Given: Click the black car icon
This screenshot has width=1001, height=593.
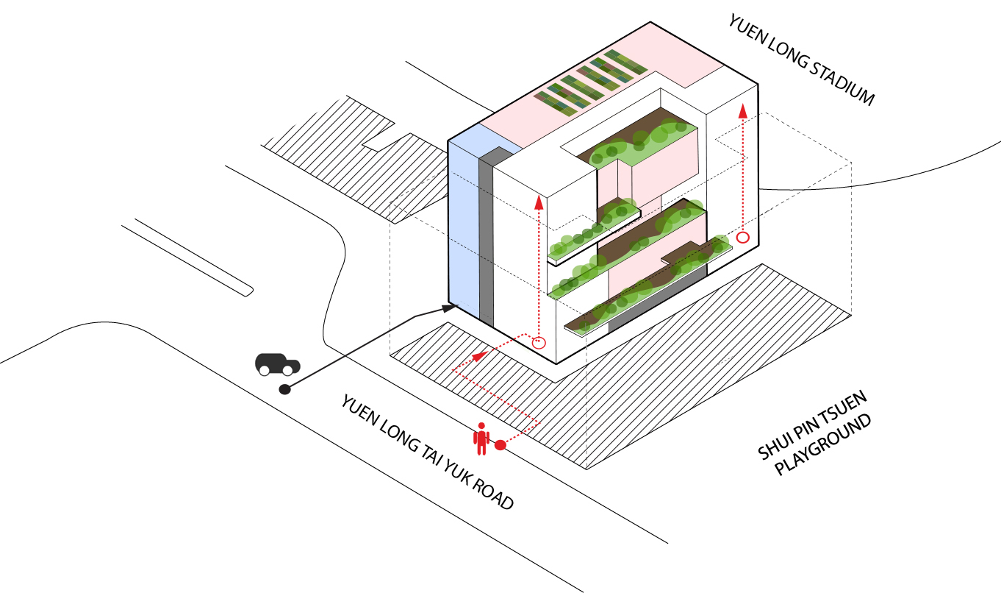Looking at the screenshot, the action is [x=278, y=364].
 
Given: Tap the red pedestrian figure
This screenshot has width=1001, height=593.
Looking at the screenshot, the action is [x=481, y=438].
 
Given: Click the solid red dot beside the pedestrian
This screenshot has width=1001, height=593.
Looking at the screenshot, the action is [x=501, y=445].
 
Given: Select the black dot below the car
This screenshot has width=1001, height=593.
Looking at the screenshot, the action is [x=284, y=389].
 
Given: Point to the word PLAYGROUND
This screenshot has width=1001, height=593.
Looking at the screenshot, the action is [x=823, y=445].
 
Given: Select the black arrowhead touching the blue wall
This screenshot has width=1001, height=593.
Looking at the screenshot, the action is [x=448, y=308].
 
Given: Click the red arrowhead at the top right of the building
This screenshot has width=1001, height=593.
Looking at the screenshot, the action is [x=743, y=111].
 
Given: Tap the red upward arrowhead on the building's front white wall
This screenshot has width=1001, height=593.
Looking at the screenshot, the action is [x=539, y=202].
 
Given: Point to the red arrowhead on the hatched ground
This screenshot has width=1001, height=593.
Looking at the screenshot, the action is [x=479, y=356].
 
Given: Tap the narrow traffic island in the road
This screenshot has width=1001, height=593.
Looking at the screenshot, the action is [x=187, y=258].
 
